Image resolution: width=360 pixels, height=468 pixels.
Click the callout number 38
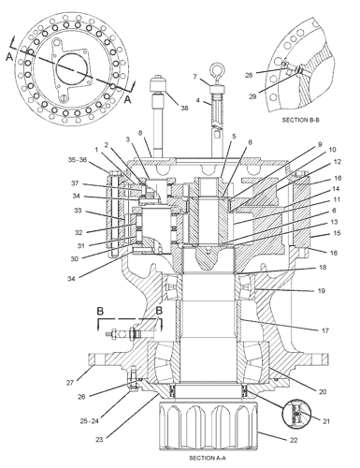click(x=184, y=108)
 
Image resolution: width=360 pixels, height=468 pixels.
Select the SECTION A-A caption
click(x=208, y=458)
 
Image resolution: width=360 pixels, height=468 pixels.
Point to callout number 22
click(x=294, y=440)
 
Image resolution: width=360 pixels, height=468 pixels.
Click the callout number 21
click(x=326, y=421)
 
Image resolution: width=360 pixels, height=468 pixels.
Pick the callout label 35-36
click(x=78, y=160)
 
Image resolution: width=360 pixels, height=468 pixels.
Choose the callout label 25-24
click(x=90, y=421)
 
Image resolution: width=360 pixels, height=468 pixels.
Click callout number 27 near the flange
click(x=69, y=382)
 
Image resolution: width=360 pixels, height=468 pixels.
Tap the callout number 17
click(x=325, y=330)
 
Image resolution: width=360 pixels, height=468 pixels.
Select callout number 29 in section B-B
click(x=252, y=96)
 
